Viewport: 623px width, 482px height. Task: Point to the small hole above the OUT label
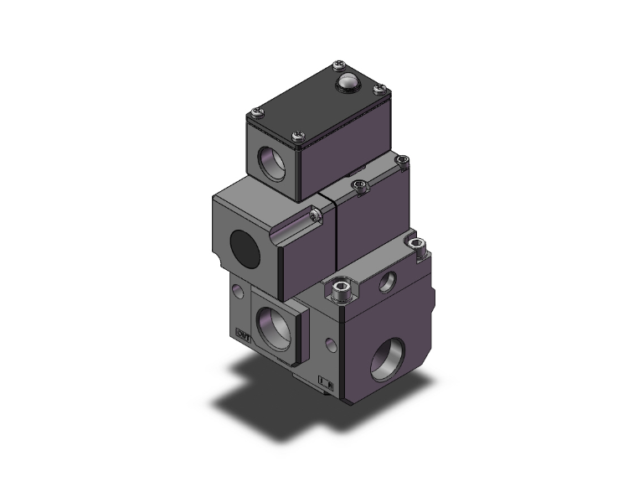239,290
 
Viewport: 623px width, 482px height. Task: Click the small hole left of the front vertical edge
334,343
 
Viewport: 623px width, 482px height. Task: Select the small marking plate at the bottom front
327,385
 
